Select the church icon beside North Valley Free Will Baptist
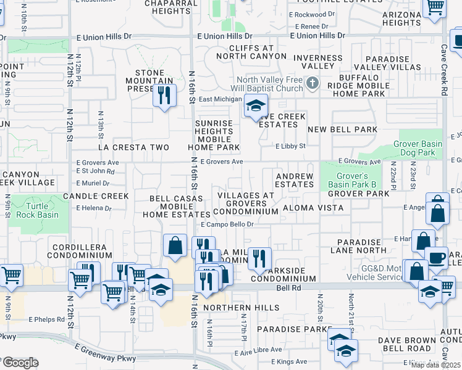pyautogui.click(x=313, y=83)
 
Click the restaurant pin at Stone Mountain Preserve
pyautogui.click(x=164, y=95)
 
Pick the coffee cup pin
pyautogui.click(x=436, y=258)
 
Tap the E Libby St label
pyautogui.click(x=290, y=146)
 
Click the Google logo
pyautogui.click(x=20, y=363)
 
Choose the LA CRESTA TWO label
pyautogui.click(x=134, y=147)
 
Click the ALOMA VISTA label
pyautogui.click(x=313, y=208)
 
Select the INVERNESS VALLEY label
pyautogui.click(x=317, y=62)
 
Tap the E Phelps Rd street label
pyautogui.click(x=46, y=319)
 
